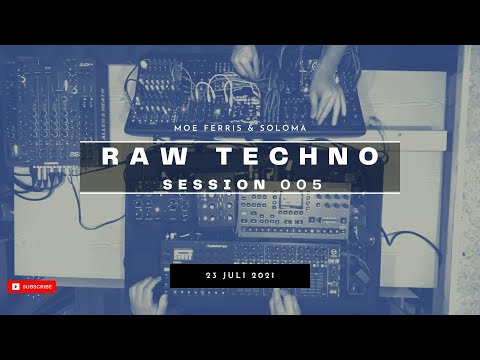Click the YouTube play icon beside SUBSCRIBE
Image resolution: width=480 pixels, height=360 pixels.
pos(15,287)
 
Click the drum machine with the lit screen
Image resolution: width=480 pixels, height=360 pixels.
pos(290,210)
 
